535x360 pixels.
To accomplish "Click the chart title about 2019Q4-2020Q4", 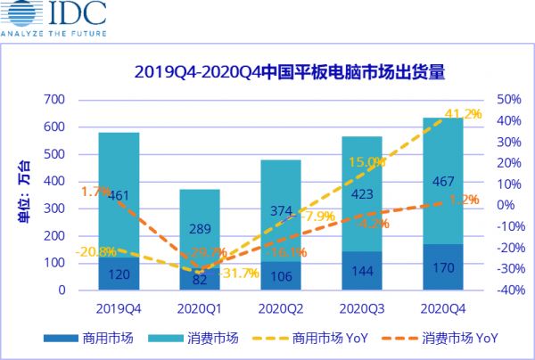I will (289, 72).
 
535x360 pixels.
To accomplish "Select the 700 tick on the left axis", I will (54, 99).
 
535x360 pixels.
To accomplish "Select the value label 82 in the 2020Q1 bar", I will (201, 280).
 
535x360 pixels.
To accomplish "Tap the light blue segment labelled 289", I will (201, 227).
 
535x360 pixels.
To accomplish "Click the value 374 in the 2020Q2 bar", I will (281, 210).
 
